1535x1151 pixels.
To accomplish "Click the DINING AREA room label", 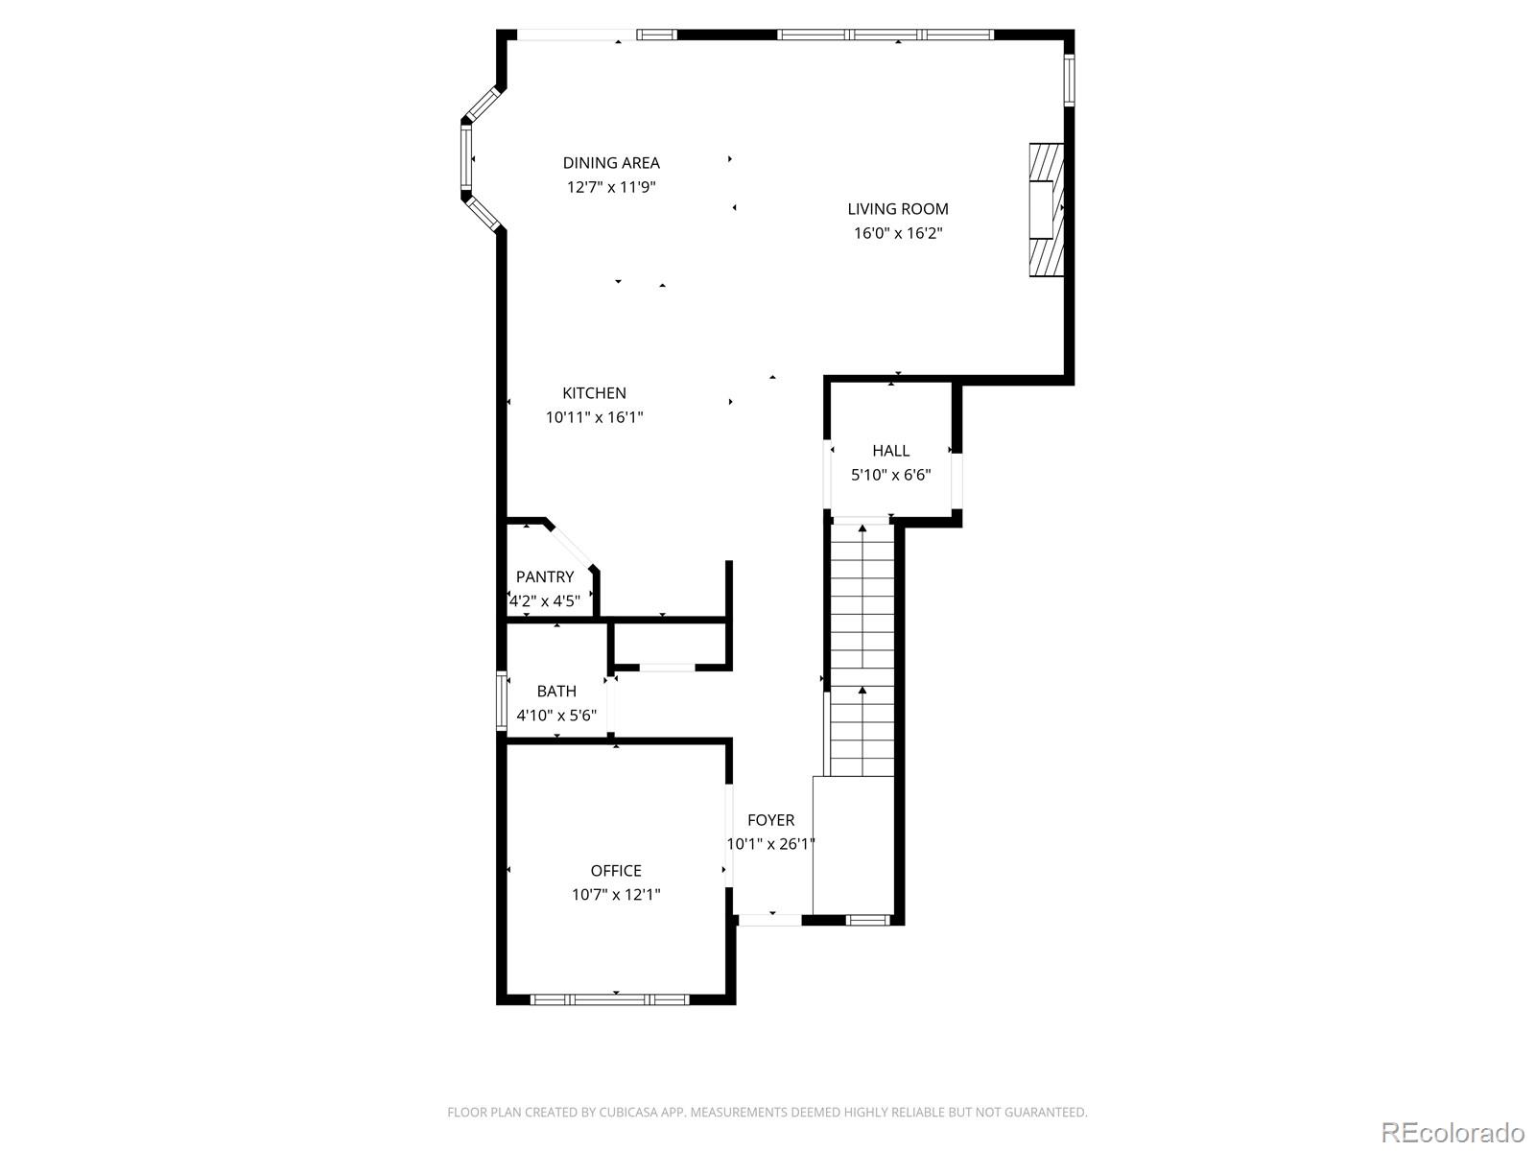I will pos(611,163).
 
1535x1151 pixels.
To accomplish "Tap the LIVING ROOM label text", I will pos(898,208).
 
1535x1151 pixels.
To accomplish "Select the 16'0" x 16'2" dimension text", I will pos(898,233).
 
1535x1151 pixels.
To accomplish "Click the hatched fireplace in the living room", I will pos(1046,210).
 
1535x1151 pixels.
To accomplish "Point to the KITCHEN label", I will pos(594,392).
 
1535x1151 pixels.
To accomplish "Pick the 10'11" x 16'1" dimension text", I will pos(594,417).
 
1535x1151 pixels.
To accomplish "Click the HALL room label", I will pos(890,450).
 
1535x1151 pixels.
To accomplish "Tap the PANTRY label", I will pos(545,576).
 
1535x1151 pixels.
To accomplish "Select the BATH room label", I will pos(556,691).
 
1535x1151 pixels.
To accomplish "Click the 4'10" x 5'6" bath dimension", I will pos(556,716).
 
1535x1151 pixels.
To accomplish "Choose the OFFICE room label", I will pos(616,870).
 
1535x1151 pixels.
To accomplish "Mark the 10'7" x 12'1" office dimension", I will pos(616,895).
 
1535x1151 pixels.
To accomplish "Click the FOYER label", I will pos(770,820).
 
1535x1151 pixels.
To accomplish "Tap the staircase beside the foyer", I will pos(862,652).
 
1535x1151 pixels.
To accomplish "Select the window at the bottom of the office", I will pos(610,999).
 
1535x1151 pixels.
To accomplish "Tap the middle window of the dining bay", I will pos(467,158).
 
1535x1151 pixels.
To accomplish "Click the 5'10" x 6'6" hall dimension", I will pos(890,475).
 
